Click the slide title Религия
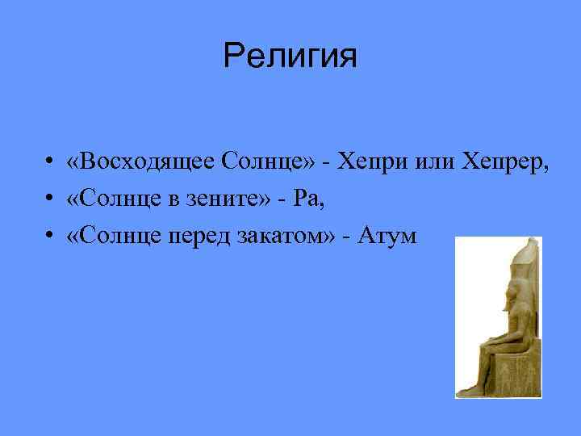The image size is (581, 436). coord(290,57)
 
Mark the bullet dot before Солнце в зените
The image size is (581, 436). coord(49,199)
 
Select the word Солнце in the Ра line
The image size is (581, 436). coord(114,199)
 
